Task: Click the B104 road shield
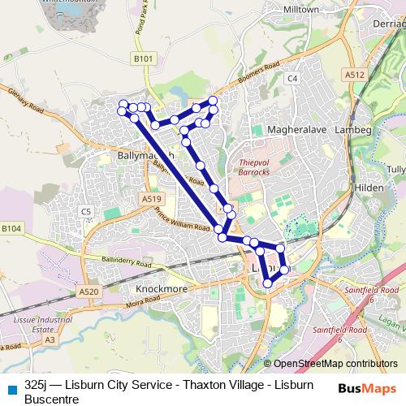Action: click(11, 230)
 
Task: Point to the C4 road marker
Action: click(292, 78)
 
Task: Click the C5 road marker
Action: click(86, 212)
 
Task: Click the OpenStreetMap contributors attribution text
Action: click(335, 363)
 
